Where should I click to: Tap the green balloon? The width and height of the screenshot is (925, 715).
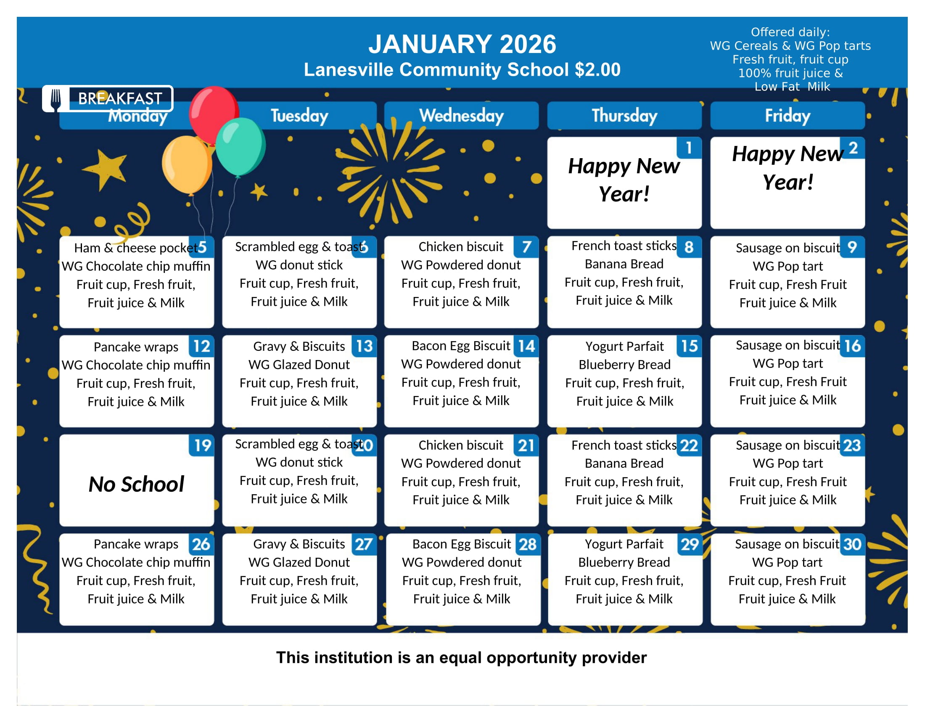click(x=240, y=146)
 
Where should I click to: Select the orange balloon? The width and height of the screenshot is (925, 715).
click(x=186, y=164)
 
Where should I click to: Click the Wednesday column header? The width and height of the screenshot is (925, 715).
click(x=461, y=116)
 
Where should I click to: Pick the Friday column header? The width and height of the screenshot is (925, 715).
click(x=788, y=116)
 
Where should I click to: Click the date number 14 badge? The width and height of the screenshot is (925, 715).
click(x=526, y=347)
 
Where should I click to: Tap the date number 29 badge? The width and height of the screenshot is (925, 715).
click(x=689, y=544)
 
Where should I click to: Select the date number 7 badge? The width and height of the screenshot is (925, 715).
click(x=526, y=247)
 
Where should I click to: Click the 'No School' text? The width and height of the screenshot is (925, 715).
click(x=136, y=484)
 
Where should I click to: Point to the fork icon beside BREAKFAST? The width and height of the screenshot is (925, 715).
click(x=55, y=99)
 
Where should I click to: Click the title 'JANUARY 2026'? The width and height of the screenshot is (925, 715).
click(x=462, y=44)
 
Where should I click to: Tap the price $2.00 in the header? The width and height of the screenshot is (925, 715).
click(x=597, y=70)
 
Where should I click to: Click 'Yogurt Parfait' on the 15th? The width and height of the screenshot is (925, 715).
click(x=624, y=347)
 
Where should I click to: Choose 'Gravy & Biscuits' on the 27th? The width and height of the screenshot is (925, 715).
click(x=299, y=544)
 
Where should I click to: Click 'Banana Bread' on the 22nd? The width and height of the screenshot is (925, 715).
click(x=624, y=463)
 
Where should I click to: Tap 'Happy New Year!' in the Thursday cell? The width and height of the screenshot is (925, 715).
click(x=624, y=180)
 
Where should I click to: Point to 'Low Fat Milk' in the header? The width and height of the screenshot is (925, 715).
click(x=792, y=87)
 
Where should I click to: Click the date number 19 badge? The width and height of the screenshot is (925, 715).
click(x=202, y=445)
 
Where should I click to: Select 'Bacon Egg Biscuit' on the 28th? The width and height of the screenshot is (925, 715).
click(x=462, y=544)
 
